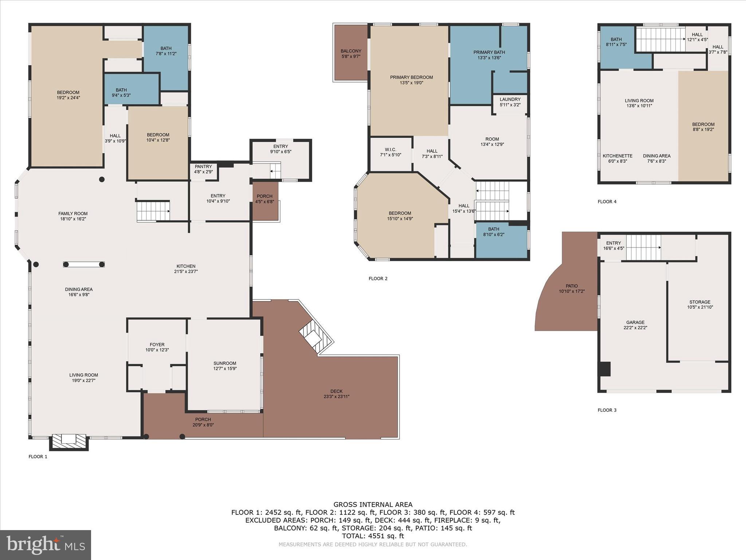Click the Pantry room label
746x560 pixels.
pos(203,167)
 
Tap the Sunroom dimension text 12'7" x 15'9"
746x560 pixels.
pos(225,369)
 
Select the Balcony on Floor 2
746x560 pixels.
pos(351,53)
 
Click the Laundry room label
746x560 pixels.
pos(510,100)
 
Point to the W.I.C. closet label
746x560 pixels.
pos(390,150)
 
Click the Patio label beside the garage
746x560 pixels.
pos(572,286)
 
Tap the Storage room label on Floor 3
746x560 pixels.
pos(699,302)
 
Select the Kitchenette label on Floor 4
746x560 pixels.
pos(617,156)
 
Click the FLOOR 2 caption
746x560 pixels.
pos(378,279)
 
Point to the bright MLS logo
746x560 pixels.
pos(46,545)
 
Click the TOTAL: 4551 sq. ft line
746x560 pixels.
pos(373,536)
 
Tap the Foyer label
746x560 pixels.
pos(157,345)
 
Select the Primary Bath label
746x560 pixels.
pos(489,52)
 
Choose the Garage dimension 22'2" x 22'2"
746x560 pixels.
pos(635,328)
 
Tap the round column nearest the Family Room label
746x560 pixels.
pos(102,179)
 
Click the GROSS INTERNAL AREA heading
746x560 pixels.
pos(373,505)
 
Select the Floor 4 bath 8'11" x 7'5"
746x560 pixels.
pos(616,42)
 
